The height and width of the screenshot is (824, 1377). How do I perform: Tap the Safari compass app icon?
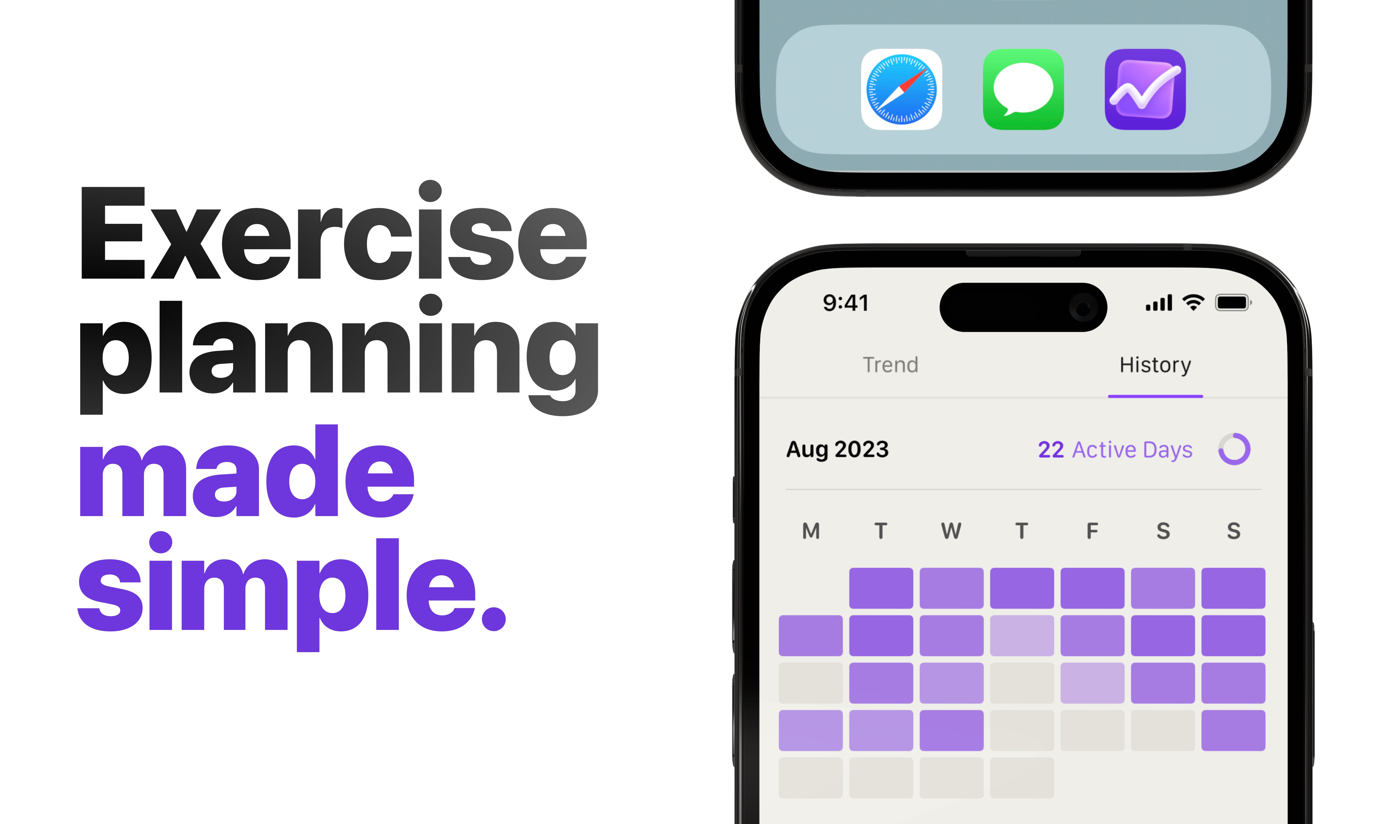pos(901,89)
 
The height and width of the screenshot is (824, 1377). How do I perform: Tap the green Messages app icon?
pos(1023,89)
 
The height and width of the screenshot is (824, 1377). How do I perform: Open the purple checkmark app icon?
pos(1146,89)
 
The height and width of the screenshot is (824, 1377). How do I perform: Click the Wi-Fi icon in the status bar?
pos(1193,302)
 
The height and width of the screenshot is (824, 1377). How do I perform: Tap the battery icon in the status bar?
pos(1233,302)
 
